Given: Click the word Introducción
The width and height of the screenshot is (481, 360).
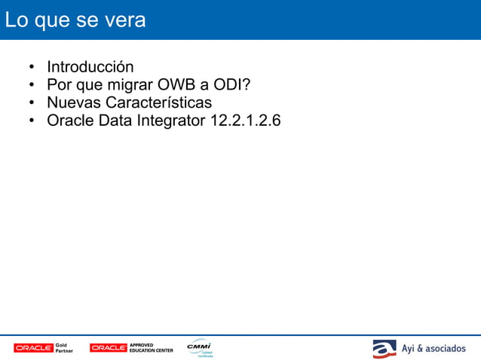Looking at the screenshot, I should pyautogui.click(x=90, y=66).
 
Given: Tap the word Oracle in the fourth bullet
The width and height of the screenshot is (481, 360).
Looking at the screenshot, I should pyautogui.click(x=70, y=121).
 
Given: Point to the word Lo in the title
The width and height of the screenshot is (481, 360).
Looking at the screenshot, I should pyautogui.click(x=16, y=20).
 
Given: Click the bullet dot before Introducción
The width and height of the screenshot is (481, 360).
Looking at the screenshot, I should pyautogui.click(x=32, y=67).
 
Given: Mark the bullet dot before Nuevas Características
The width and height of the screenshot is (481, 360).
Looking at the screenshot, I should pyautogui.click(x=32, y=103).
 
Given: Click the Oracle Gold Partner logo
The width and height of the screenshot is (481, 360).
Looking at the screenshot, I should pyautogui.click(x=43, y=348).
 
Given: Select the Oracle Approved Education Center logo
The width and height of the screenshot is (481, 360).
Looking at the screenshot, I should pyautogui.click(x=131, y=348).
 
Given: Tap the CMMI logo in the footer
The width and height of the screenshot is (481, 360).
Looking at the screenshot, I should pyautogui.click(x=200, y=347).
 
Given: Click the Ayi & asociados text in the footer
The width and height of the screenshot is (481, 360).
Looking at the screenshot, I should pyautogui.click(x=433, y=349).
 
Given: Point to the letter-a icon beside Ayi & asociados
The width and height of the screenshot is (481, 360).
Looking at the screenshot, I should pyautogui.click(x=384, y=349).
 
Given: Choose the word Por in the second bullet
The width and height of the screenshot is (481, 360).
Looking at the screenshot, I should pyautogui.click(x=59, y=84).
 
